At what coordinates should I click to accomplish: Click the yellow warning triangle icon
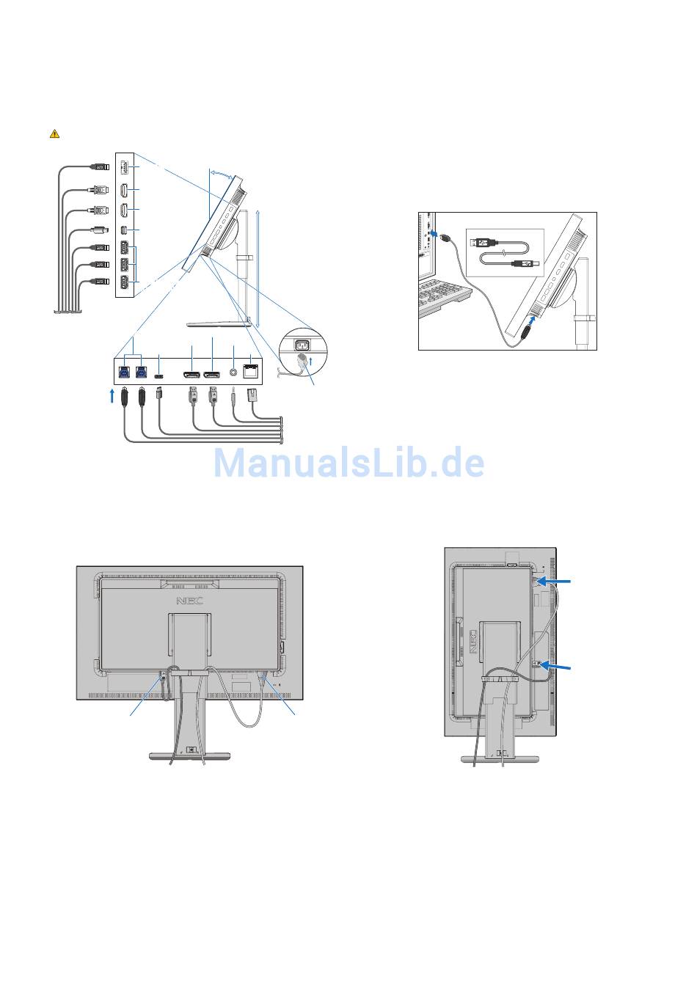[x=54, y=133]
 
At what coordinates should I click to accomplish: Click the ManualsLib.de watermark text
[x=348, y=463]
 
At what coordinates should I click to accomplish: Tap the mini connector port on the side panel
[x=124, y=230]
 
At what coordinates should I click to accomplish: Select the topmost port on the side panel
[x=124, y=166]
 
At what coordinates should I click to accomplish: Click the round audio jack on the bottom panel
[x=234, y=371]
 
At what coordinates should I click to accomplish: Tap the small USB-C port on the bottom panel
[x=160, y=371]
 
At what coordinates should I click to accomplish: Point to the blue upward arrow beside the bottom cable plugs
[x=112, y=397]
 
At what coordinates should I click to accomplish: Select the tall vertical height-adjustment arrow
[x=259, y=265]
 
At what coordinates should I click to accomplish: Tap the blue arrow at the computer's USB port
[x=435, y=234]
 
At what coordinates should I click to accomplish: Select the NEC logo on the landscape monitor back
[x=190, y=601]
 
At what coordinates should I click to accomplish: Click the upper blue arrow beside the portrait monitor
[x=561, y=582]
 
